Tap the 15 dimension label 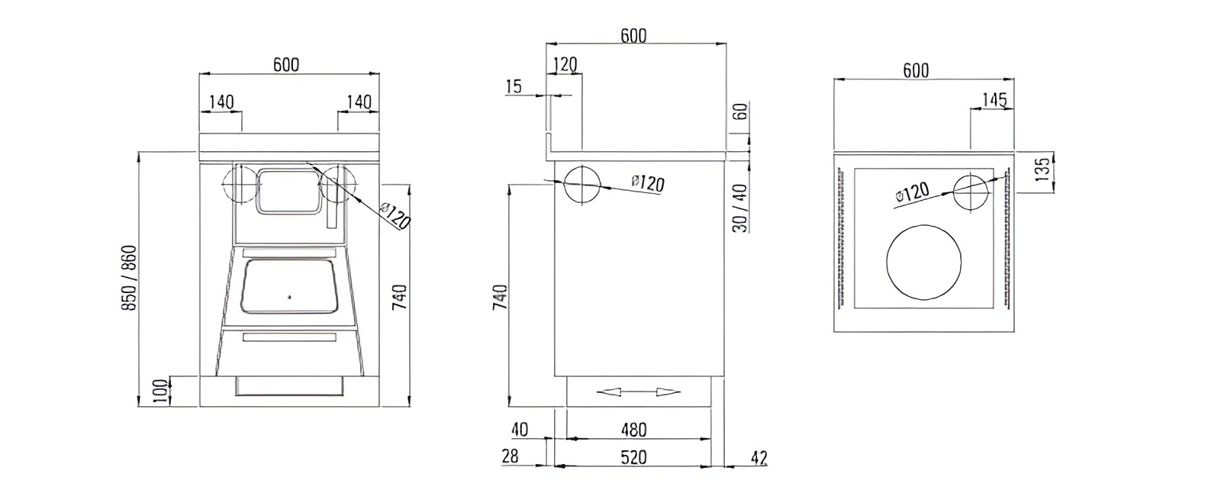(x=514, y=87)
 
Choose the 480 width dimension (x=633, y=430)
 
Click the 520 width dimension (x=633, y=457)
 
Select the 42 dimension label (x=759, y=458)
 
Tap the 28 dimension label (x=511, y=456)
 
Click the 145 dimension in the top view (x=995, y=99)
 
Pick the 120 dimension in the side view (x=565, y=65)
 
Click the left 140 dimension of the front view (x=221, y=102)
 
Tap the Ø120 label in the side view (x=648, y=183)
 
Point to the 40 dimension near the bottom (x=519, y=430)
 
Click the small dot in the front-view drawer (x=289, y=295)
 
